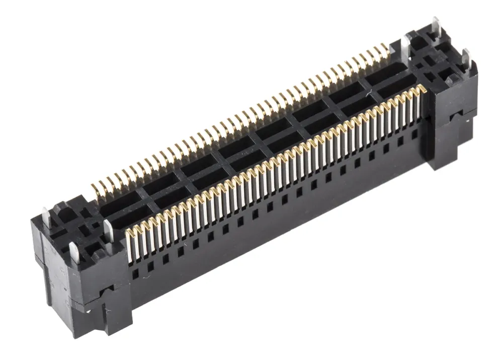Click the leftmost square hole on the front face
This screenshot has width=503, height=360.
click(x=135, y=274)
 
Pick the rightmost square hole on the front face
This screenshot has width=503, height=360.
click(x=414, y=134)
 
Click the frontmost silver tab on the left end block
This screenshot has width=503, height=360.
click(x=74, y=252)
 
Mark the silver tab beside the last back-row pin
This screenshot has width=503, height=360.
click(x=405, y=45)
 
